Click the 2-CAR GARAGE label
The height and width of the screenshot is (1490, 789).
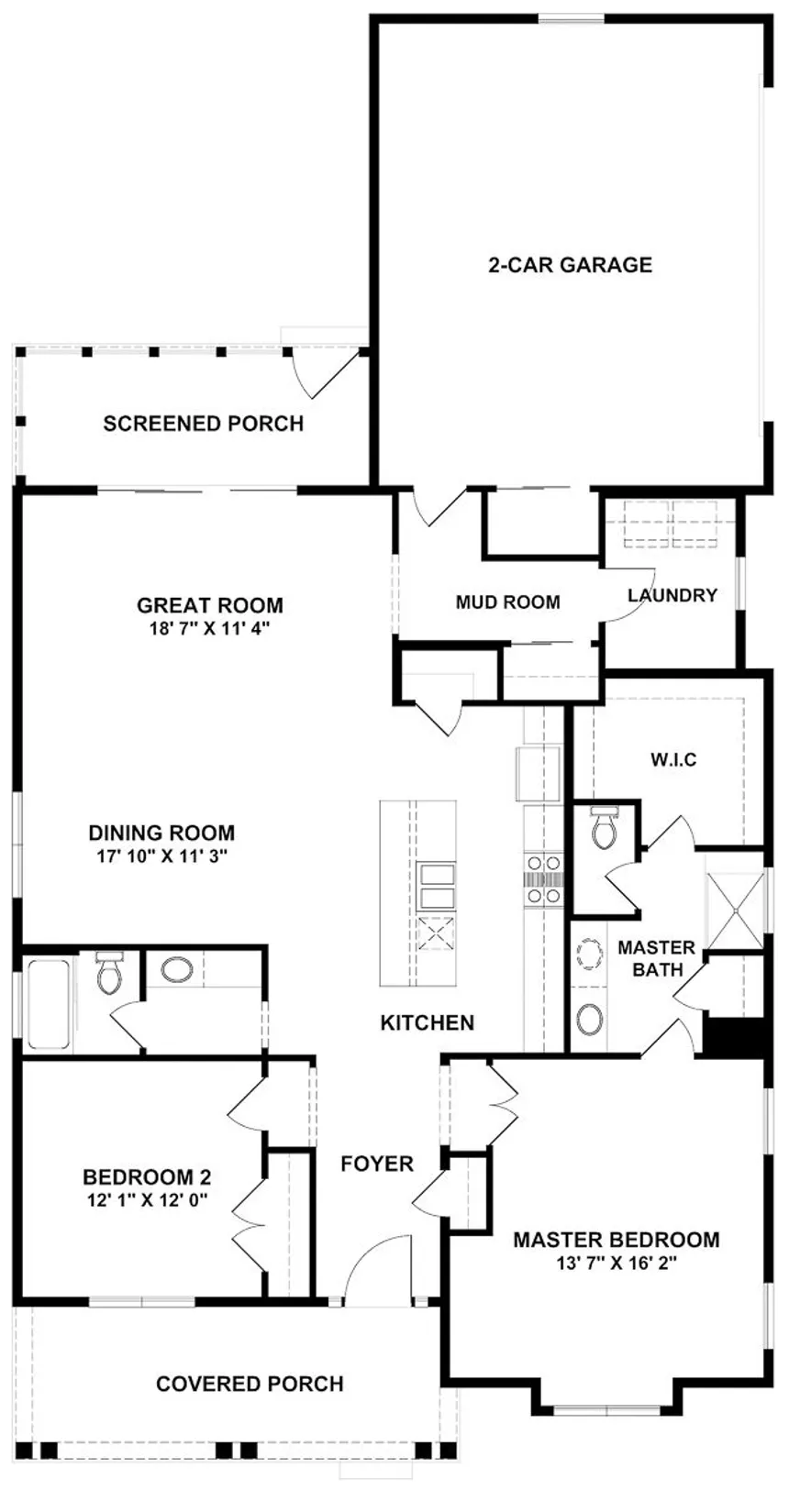570,265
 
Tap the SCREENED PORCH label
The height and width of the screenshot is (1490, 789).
203,424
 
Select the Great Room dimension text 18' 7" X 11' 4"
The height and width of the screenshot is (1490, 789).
210,629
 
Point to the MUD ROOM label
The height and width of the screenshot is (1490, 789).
507,602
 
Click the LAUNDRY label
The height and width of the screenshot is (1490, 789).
672,595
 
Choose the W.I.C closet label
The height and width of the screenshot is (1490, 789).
673,759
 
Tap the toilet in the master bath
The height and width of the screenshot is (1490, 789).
604,828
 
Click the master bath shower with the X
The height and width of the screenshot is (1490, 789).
735,910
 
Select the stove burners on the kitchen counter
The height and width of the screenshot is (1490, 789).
543,880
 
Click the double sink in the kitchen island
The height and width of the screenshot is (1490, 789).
436,886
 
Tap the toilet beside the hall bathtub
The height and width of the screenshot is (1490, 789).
107,972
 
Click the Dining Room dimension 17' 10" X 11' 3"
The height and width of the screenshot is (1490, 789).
162,856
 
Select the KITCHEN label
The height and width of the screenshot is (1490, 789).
428,1022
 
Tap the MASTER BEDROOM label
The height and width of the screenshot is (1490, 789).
616,1240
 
